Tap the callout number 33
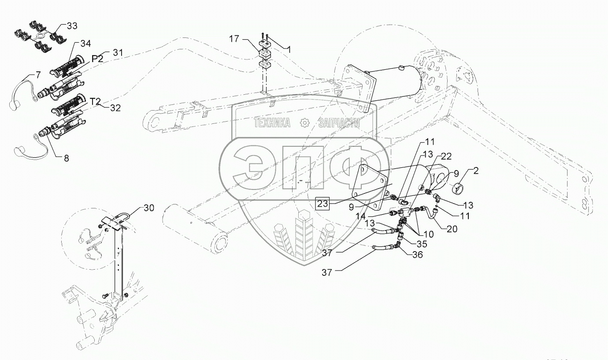[71, 26]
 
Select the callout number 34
[85, 43]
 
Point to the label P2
[97, 59]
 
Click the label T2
[96, 101]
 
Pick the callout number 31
[117, 52]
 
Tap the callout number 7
[38, 75]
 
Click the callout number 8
[67, 158]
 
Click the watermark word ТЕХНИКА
[272, 123]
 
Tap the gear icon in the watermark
[304, 123]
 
